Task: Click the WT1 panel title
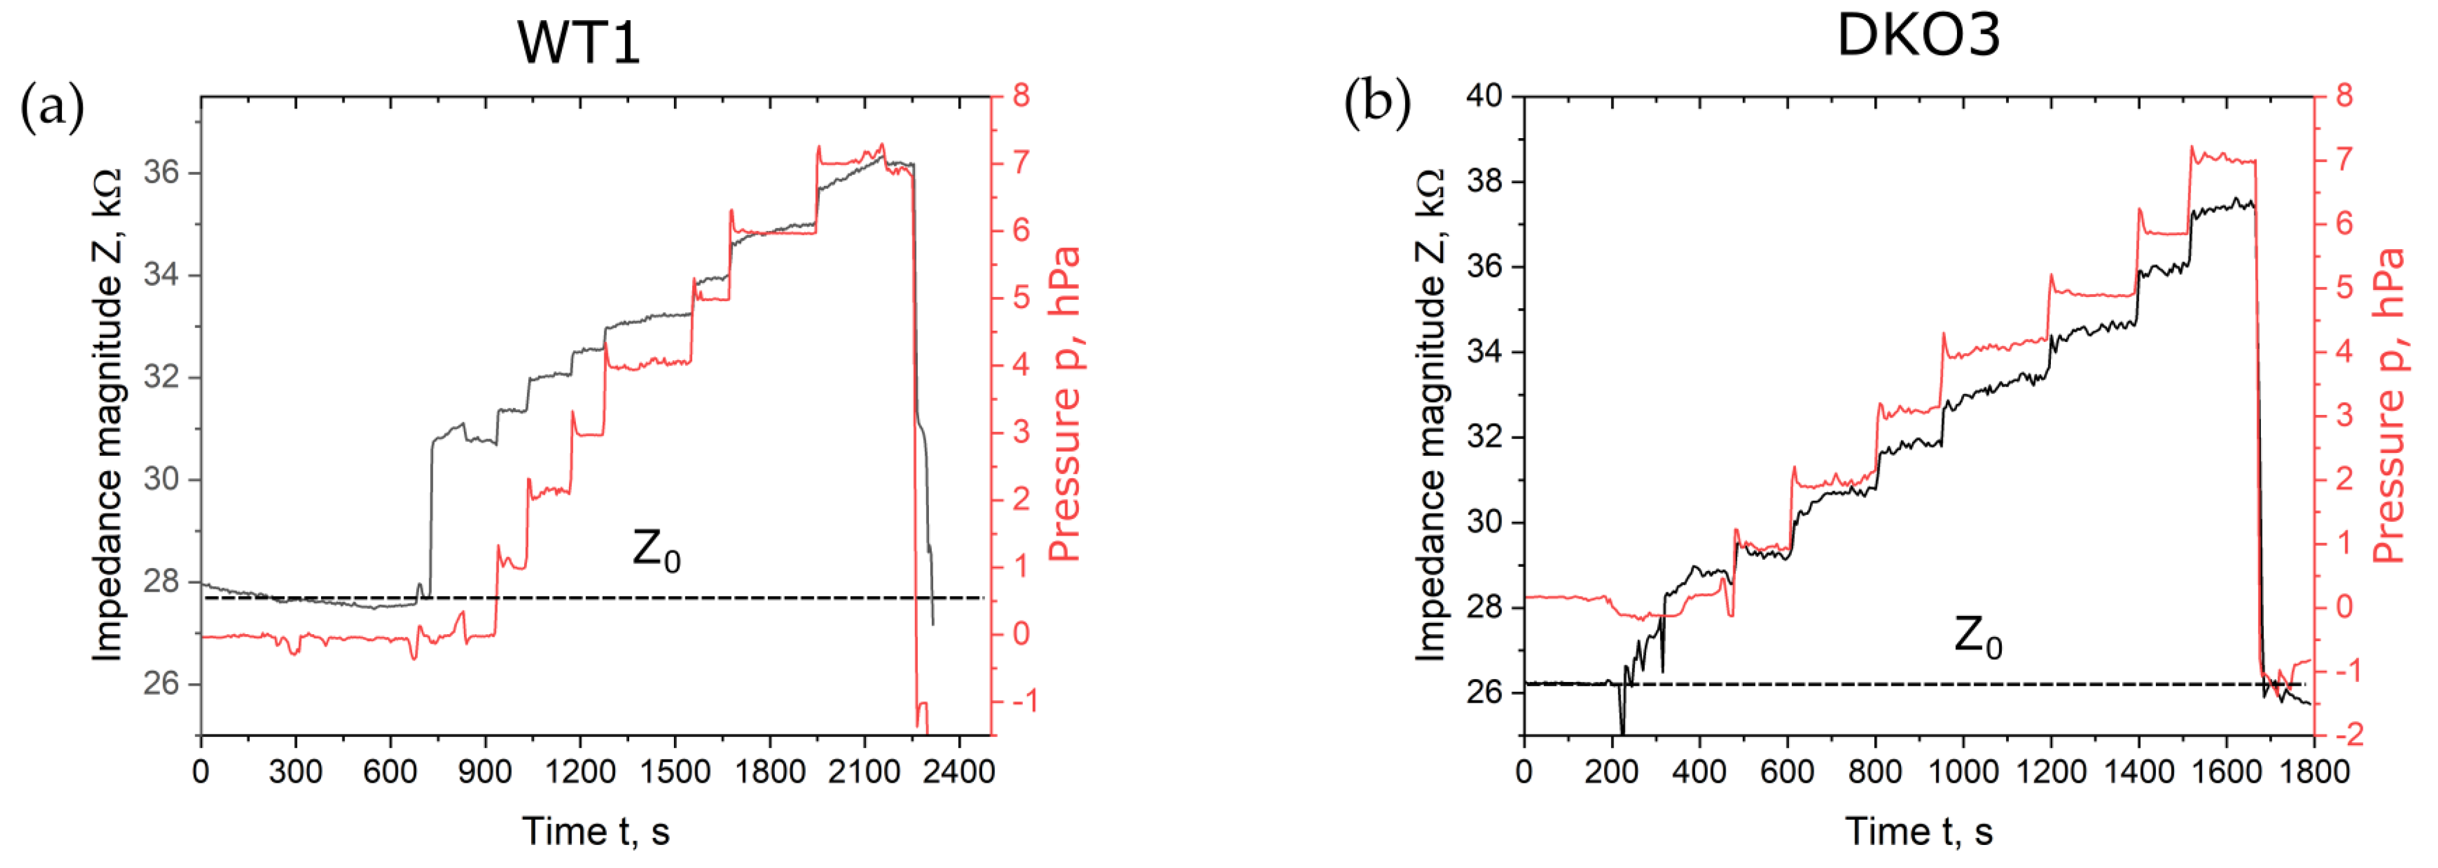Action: tap(578, 43)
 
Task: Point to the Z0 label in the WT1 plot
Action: tap(656, 551)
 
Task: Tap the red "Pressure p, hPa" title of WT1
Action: tap(1066, 404)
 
